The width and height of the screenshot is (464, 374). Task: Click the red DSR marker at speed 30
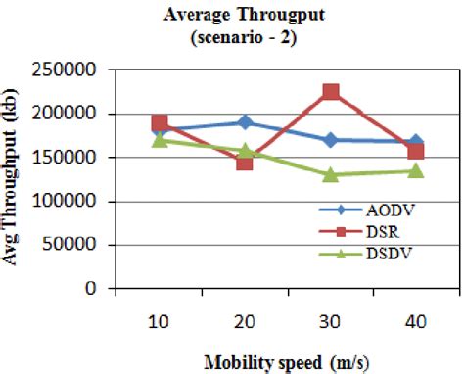tap(331, 92)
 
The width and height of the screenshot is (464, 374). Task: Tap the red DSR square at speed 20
tap(245, 162)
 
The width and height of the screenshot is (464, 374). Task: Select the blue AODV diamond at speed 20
tap(245, 122)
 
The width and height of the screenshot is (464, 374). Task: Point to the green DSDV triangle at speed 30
tap(331, 174)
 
